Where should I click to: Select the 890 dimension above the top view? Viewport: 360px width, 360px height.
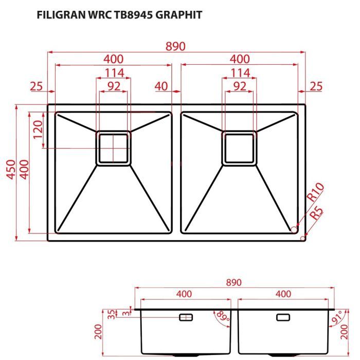pos(175,46)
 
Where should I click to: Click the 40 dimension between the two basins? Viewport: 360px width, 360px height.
pos(161,86)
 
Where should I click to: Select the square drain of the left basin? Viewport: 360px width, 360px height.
pos(113,148)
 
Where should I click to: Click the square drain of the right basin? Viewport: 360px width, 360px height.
pos(239,148)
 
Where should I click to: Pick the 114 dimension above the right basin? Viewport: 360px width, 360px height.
pos(240,73)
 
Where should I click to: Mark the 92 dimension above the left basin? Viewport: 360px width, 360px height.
pos(114,86)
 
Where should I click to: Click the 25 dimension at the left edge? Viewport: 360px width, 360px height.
pos(35,86)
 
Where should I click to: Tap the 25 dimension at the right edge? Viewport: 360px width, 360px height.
pos(316,86)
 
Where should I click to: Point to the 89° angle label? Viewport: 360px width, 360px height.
pos(223,316)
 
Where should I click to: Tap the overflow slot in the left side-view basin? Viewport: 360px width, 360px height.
pos(186,317)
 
